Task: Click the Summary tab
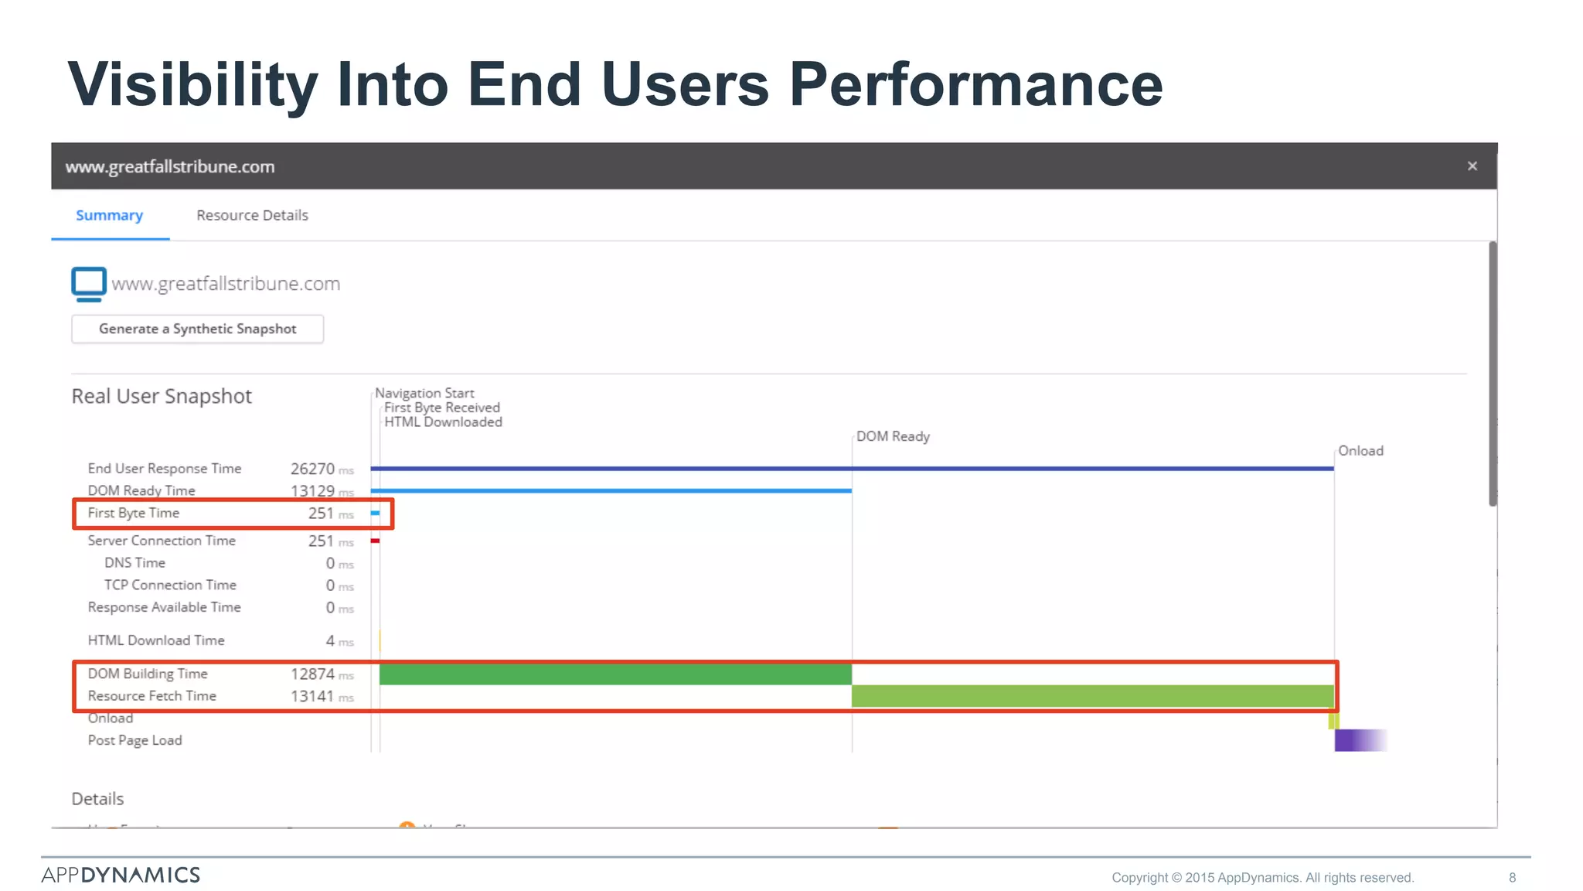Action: coord(109,216)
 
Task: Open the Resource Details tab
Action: coord(252,216)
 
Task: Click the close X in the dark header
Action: coord(1472,166)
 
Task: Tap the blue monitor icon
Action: coord(89,284)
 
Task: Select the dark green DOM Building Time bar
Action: coord(615,674)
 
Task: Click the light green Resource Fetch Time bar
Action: coord(1091,696)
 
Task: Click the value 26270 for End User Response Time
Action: coord(312,469)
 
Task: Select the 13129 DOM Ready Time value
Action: coord(312,491)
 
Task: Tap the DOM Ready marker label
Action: coord(893,437)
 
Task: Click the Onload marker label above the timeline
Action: coord(1360,451)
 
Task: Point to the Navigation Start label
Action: coord(424,394)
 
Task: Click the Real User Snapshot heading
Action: coord(162,397)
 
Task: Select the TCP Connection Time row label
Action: coord(170,585)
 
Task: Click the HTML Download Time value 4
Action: coord(330,641)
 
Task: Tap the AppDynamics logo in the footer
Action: coord(121,875)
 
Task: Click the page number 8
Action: coord(1512,878)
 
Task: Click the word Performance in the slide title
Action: coord(975,85)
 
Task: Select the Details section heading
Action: coord(97,799)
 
